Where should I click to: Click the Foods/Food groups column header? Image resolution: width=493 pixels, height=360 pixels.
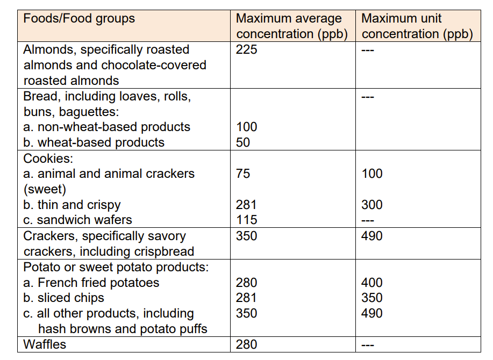79,19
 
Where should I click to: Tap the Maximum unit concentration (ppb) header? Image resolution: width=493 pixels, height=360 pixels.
417,26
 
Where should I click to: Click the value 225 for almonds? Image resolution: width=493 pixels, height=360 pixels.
247,50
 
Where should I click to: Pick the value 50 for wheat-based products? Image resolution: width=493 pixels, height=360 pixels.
243,142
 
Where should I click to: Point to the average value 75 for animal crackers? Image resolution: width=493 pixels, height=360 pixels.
243,174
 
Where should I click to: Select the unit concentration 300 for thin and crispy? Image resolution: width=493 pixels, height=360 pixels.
372,205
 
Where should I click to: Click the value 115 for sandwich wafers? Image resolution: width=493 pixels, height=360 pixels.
247,220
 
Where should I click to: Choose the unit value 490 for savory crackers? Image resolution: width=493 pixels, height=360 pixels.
372,236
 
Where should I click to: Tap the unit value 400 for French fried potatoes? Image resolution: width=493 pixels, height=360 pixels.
372,283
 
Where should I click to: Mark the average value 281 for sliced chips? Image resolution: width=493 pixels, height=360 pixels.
247,298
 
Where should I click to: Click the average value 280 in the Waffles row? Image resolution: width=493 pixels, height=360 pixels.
247,344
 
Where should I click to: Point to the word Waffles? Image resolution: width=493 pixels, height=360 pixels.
45,344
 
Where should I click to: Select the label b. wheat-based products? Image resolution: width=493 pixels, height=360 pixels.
94,142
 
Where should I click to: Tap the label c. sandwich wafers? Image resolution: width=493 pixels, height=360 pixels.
78,220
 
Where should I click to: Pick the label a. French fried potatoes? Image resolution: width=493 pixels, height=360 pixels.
91,283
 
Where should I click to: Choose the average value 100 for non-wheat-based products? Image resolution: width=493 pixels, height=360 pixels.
247,127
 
